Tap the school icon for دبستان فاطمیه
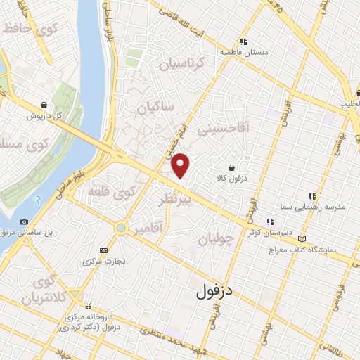[243, 41]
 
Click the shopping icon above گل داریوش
[44, 104]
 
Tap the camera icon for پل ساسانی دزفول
[25, 222]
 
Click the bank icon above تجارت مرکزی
[105, 250]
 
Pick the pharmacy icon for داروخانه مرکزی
[89, 307]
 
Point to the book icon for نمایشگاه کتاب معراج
[302, 239]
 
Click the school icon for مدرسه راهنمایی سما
[311, 196]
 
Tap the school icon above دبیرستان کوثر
[270, 221]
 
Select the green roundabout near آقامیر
[122, 228]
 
